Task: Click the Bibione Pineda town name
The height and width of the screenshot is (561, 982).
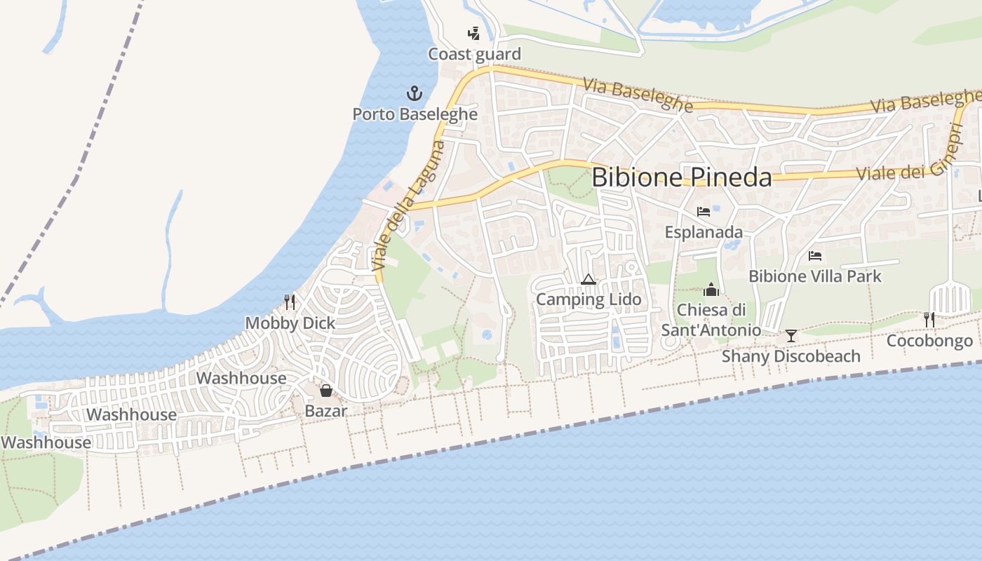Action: [x=681, y=177]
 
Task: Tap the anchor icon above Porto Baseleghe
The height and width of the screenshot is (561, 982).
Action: [x=415, y=93]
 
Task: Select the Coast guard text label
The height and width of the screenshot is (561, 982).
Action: [x=474, y=54]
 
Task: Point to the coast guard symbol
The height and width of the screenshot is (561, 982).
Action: [x=474, y=33]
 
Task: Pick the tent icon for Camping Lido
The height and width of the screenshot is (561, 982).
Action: [x=588, y=280]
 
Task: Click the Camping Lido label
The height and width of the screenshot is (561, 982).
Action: [x=588, y=299]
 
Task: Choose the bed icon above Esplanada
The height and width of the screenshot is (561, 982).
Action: [x=704, y=211]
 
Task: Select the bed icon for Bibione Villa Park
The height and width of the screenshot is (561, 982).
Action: [x=814, y=256]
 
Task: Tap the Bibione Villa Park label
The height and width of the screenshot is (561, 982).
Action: [x=814, y=276]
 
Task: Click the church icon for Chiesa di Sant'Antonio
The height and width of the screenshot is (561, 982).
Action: [x=711, y=290]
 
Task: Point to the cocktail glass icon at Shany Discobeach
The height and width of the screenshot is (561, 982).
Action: [x=791, y=336]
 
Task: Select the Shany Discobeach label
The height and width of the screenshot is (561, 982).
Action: [x=791, y=356]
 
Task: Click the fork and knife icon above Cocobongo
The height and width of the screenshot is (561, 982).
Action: [x=929, y=320]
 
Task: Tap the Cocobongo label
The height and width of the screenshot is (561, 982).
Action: [x=929, y=341]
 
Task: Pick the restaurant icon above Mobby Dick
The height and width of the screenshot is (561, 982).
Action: [x=290, y=302]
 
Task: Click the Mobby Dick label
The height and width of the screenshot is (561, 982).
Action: [x=290, y=323]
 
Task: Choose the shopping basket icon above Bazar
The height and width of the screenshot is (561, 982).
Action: [x=325, y=391]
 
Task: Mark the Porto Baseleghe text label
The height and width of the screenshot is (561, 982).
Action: [x=415, y=114]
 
